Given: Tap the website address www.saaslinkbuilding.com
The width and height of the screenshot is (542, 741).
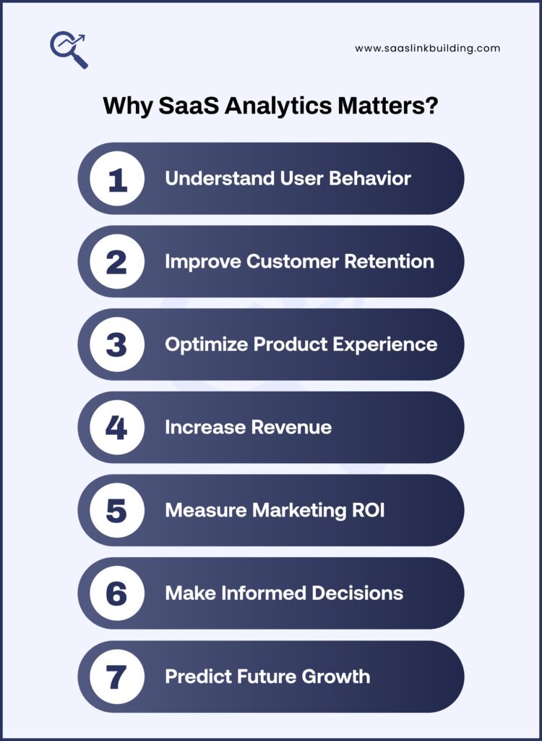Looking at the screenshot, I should click(x=427, y=48).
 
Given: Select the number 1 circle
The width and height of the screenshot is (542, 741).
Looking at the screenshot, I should click(x=116, y=178).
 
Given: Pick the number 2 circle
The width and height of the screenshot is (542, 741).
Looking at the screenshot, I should click(x=116, y=261).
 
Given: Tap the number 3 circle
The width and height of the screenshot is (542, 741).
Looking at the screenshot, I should click(x=116, y=344).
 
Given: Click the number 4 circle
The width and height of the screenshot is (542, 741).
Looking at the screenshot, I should click(x=116, y=427).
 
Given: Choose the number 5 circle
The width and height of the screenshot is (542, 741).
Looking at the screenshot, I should click(x=116, y=510).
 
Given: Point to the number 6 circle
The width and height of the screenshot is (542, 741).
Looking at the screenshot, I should click(x=116, y=593).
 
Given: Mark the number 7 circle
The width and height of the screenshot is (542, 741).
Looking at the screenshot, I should click(x=116, y=677).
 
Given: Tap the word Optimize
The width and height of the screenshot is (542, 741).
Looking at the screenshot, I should click(x=206, y=344).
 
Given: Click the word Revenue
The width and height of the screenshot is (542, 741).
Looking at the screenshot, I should click(x=291, y=427).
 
